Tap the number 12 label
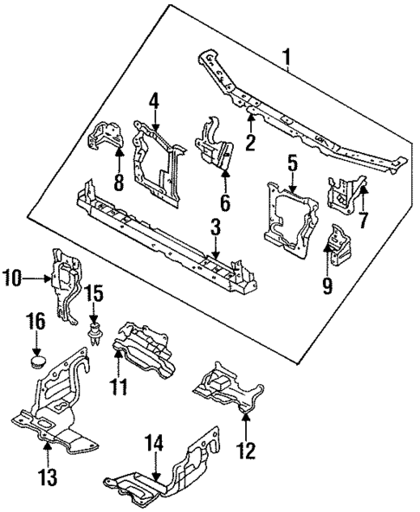tap(246, 450)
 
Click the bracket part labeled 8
tap(106, 140)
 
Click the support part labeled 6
tap(215, 145)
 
